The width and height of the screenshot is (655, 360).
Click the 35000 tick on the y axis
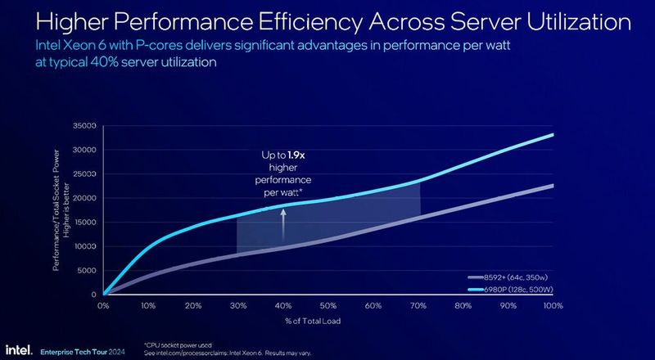(x=86, y=126)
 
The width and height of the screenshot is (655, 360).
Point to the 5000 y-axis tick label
(x=88, y=271)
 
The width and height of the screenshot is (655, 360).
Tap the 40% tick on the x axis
(x=283, y=306)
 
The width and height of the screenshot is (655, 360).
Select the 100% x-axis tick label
(x=553, y=306)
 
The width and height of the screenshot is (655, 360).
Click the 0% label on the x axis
(x=103, y=306)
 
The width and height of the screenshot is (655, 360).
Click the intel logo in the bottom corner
(x=19, y=349)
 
